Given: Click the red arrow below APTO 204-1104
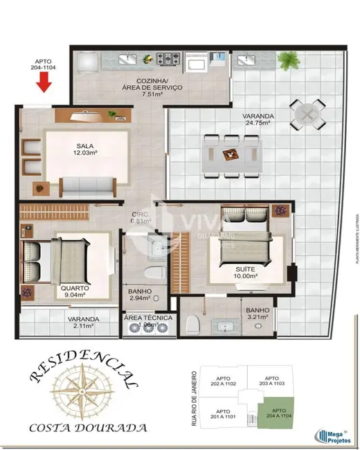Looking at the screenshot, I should coord(44,82).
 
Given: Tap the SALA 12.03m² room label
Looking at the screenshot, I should coord(84,148).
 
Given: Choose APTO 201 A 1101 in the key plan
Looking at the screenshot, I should coord(219,414).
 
